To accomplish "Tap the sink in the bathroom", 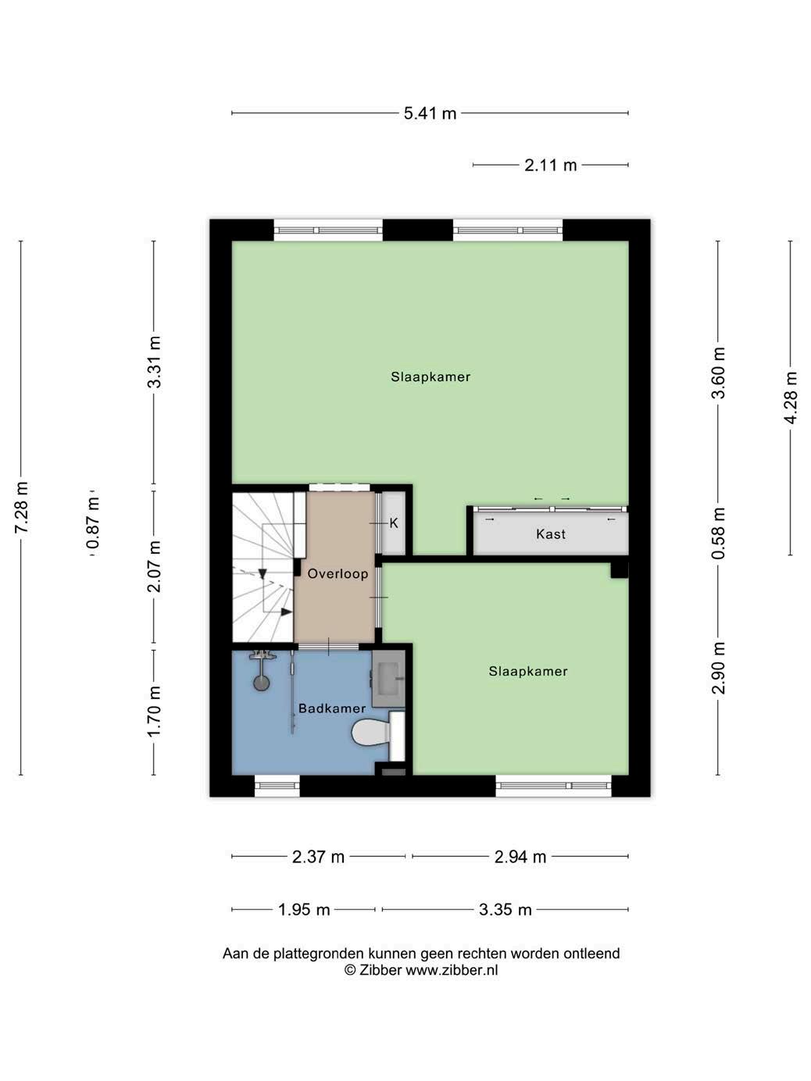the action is tap(388, 678).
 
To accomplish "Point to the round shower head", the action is tap(261, 683).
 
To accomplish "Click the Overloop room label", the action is tap(338, 574).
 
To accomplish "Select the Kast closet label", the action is tap(551, 533).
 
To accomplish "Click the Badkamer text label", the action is tap(332, 708).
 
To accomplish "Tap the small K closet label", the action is tap(394, 523).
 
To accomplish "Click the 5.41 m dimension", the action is tap(430, 113).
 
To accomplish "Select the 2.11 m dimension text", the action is tap(550, 165).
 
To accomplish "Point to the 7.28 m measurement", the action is tap(22, 507).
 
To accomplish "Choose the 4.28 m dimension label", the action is tap(791, 398).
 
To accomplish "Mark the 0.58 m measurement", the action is tap(719, 533).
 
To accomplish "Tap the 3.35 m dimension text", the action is tap(506, 909).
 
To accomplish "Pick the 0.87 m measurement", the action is tap(92, 523).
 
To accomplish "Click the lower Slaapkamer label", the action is tap(528, 671).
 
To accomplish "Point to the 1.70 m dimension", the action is tap(154, 711).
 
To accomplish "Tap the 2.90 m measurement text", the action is tap(719, 669).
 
